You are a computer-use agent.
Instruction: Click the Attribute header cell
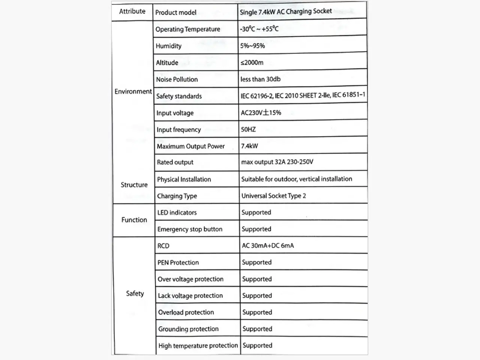tap(132, 12)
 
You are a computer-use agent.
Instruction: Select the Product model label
tap(175, 12)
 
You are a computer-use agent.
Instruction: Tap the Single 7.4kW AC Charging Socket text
tap(286, 12)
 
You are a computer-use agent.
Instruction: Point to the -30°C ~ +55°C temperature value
tap(259, 29)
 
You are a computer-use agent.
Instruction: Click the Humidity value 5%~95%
tap(252, 46)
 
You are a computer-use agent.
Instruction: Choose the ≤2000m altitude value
tap(252, 63)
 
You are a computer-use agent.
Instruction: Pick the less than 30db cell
tap(260, 79)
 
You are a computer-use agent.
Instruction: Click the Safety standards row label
tap(179, 96)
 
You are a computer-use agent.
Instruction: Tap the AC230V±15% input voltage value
tap(261, 112)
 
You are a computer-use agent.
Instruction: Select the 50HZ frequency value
tap(248, 129)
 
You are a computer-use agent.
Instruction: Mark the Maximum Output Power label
tap(190, 146)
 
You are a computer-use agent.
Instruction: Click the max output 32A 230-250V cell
tap(277, 162)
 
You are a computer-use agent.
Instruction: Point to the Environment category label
tap(133, 91)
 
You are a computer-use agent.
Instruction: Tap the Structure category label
tap(134, 185)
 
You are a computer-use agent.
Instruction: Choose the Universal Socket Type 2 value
tap(273, 196)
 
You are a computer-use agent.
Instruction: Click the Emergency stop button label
tap(190, 229)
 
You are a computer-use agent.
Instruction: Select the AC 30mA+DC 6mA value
tap(268, 246)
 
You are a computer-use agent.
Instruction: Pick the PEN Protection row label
tap(178, 262)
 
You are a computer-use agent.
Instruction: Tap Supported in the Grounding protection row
tap(257, 329)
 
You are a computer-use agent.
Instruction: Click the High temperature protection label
tap(198, 345)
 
